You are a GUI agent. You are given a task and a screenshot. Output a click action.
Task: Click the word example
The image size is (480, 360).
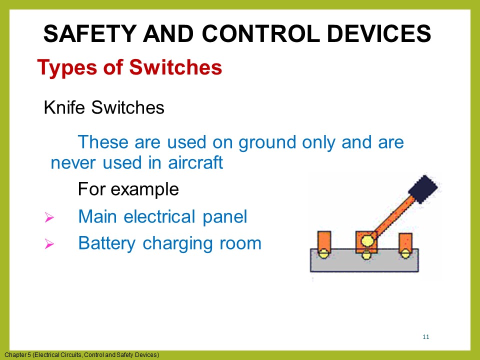146,189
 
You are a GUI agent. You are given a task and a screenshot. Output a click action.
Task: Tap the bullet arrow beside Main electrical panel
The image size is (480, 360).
49,217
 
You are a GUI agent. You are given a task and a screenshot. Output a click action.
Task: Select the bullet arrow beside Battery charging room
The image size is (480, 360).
49,244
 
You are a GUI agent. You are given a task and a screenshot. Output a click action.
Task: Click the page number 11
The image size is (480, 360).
426,336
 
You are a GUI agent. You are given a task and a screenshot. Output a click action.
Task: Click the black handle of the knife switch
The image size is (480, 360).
423,189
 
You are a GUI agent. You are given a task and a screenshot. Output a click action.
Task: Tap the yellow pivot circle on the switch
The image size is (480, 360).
368,240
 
